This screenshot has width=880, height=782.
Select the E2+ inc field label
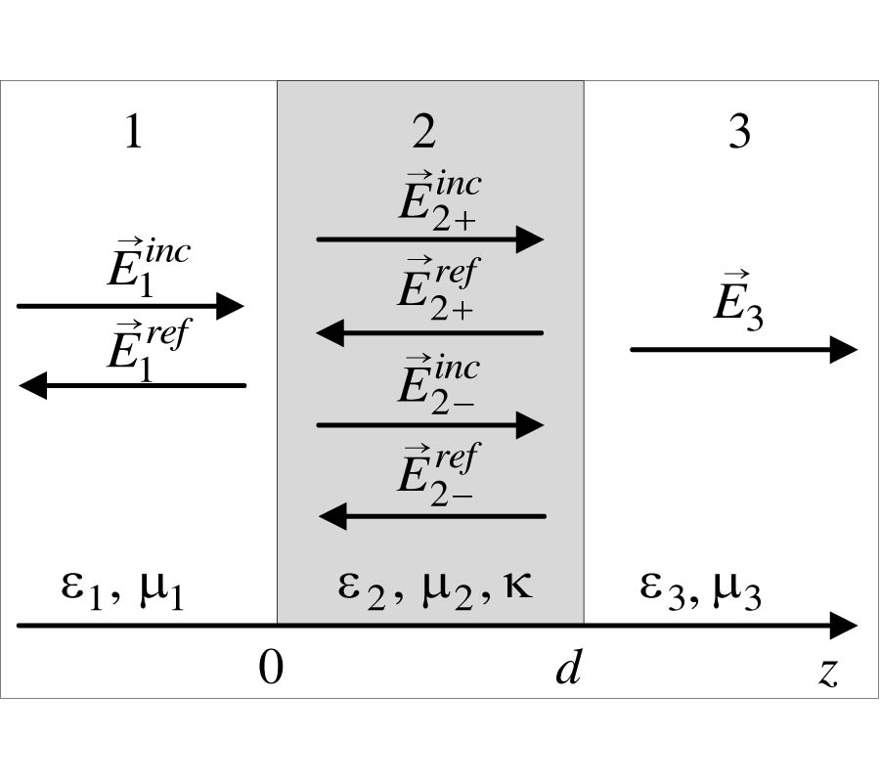(x=437, y=201)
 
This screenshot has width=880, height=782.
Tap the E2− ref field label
(x=437, y=470)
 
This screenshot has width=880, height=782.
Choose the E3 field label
(x=737, y=307)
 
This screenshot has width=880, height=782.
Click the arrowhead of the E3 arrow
(x=844, y=349)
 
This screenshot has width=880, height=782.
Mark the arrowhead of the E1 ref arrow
(x=32, y=386)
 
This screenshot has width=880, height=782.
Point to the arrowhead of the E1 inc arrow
(x=230, y=306)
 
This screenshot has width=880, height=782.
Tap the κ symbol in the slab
(x=514, y=587)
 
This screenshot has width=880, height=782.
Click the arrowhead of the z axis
(x=844, y=626)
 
